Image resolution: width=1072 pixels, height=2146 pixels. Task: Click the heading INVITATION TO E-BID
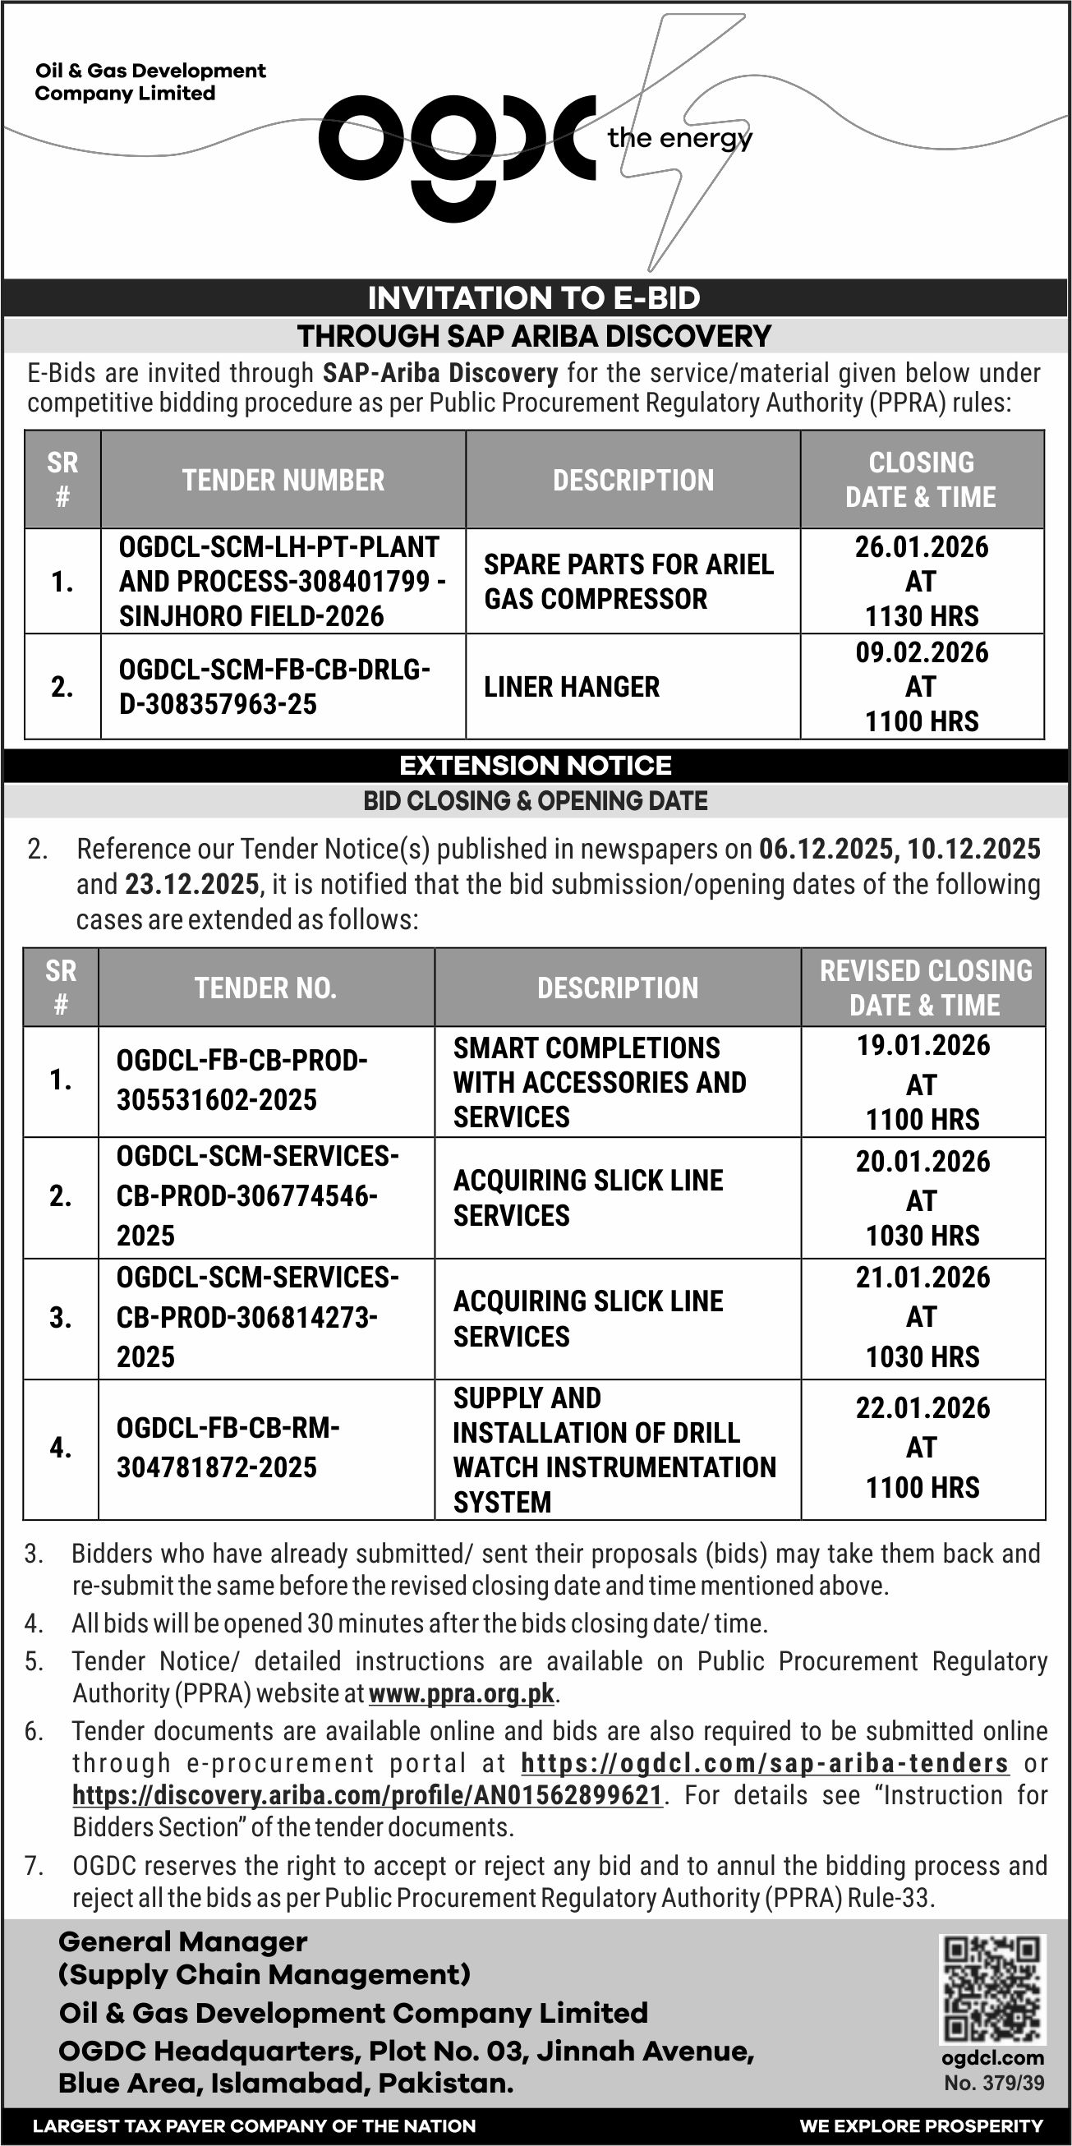pos(534,297)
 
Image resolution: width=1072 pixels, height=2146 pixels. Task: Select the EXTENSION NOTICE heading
pos(536,765)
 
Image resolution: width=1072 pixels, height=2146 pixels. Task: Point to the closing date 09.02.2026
pos(921,652)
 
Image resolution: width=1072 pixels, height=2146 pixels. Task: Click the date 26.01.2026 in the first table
pos(921,547)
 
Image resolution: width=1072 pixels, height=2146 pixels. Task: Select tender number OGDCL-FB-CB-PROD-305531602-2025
pos(242,1080)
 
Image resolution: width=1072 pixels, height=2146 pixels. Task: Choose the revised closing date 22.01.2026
pos(922,1408)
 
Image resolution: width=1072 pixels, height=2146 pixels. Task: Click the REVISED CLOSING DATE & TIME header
pos(925,988)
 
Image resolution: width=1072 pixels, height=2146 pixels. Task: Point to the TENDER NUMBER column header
pos(283,480)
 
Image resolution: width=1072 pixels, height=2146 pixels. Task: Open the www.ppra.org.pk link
pos(462,1693)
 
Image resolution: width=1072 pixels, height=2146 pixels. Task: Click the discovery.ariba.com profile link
pos(367,1794)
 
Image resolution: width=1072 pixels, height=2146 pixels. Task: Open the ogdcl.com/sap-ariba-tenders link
pos(765,1763)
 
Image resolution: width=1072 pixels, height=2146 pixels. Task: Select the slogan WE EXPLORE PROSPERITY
pos(921,2126)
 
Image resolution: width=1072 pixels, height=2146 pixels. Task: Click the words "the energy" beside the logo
pos(679,137)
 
